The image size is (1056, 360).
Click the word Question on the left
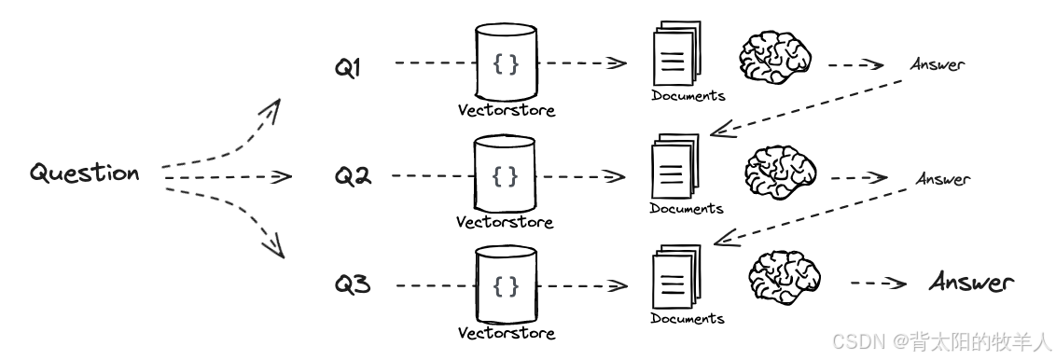coord(85,173)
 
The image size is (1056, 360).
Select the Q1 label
coord(349,68)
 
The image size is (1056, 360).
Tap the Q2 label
coord(354,175)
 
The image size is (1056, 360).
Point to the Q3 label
coord(354,284)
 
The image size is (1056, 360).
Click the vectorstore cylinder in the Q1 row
coord(506,62)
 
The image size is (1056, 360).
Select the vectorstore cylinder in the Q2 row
coord(505,174)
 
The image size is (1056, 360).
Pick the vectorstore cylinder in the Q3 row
coord(506,284)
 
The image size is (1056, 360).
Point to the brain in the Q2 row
coord(781,173)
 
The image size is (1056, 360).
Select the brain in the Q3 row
coord(785,279)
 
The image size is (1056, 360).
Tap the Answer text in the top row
coord(937,64)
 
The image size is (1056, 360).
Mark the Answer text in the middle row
coord(942,178)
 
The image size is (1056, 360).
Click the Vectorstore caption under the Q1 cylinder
coord(506,110)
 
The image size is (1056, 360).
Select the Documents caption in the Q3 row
coord(688,319)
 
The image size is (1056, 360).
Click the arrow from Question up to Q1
coord(224,135)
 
